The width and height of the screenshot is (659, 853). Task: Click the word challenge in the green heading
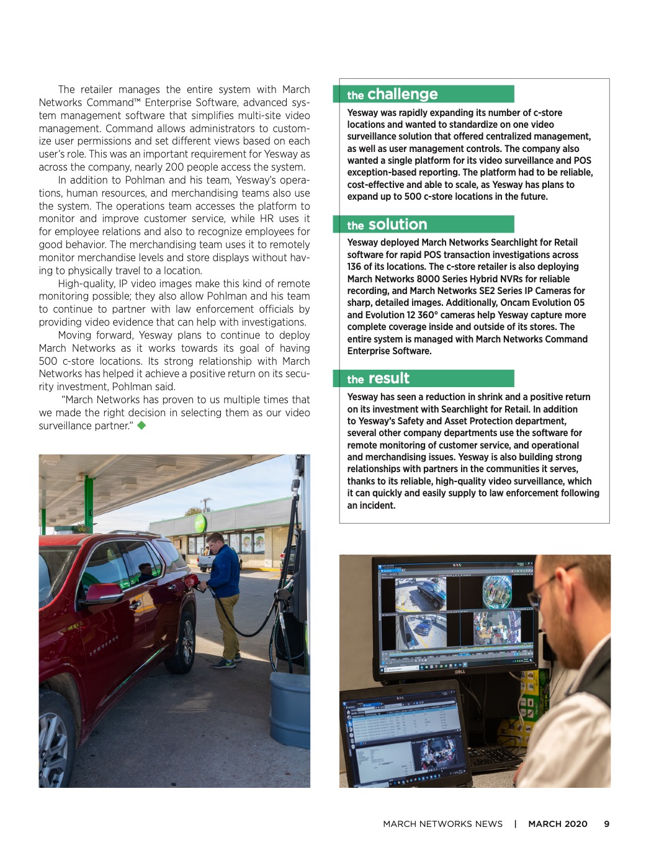402,94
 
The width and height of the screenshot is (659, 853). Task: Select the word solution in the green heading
397,225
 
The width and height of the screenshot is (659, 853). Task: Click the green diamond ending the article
141,426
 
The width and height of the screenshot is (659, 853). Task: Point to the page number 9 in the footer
606,824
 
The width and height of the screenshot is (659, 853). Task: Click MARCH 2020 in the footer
557,824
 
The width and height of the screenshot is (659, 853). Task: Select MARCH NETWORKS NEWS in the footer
442,824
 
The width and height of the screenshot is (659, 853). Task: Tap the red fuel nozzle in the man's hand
193,581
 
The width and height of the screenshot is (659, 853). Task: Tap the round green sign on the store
200,523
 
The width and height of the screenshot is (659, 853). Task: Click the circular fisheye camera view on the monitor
497,590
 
